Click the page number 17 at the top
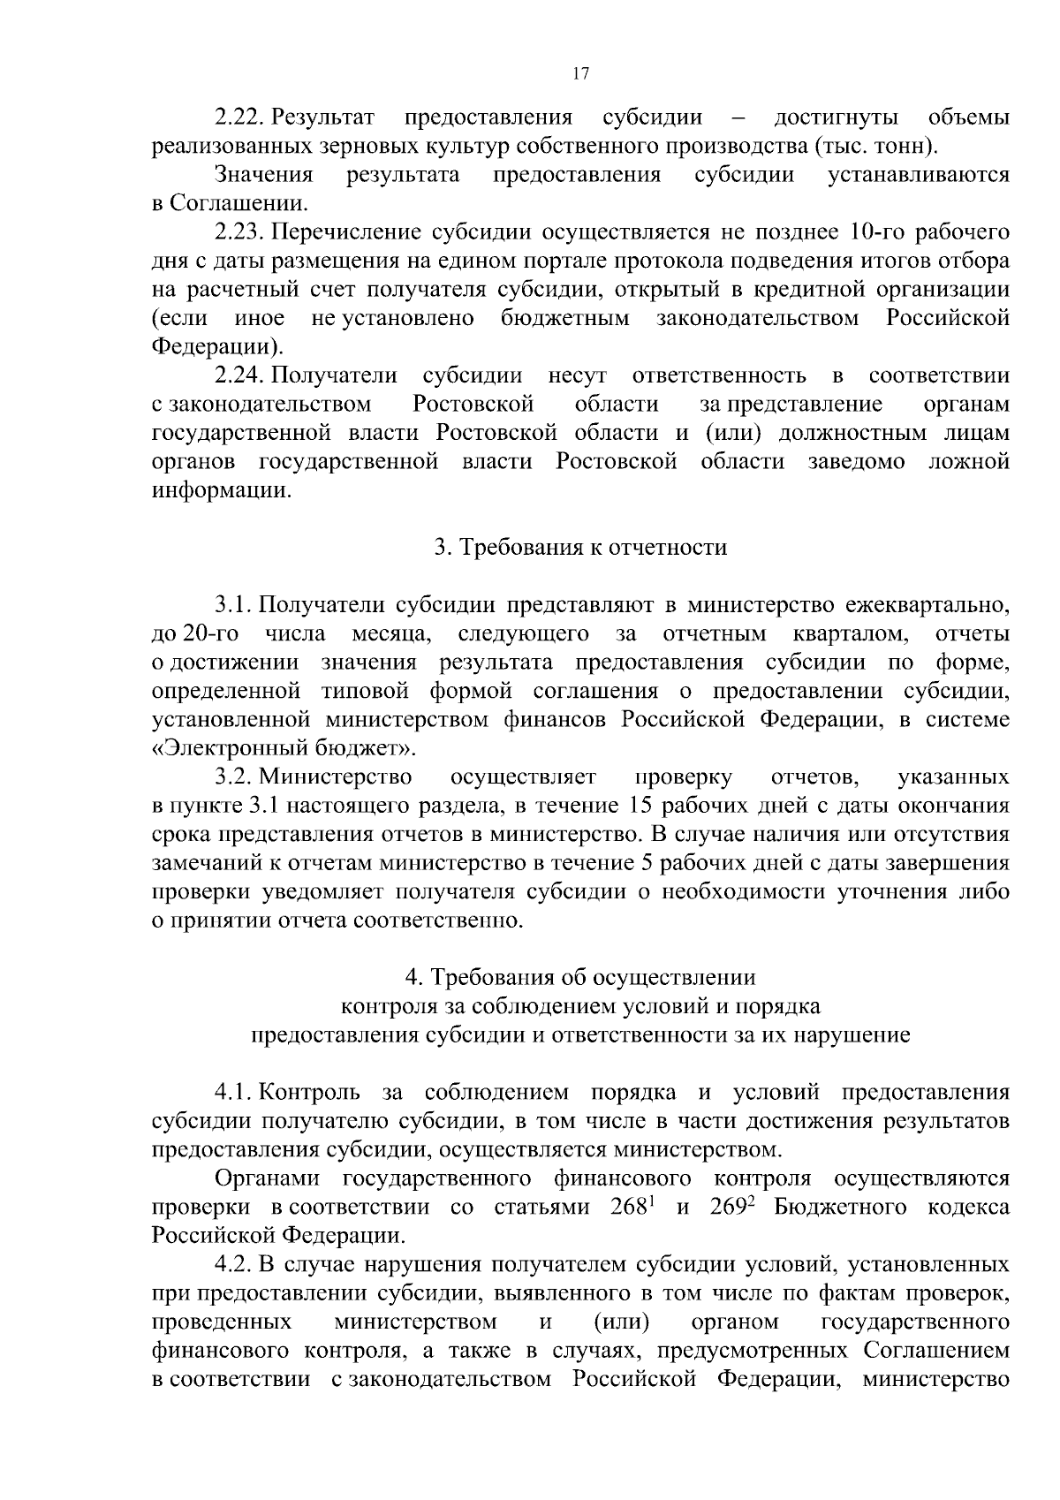click(x=580, y=74)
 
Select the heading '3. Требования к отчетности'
click(x=579, y=548)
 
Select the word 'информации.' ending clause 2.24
click(x=221, y=490)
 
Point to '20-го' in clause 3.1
click(x=205, y=634)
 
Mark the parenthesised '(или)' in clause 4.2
click(x=622, y=1322)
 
